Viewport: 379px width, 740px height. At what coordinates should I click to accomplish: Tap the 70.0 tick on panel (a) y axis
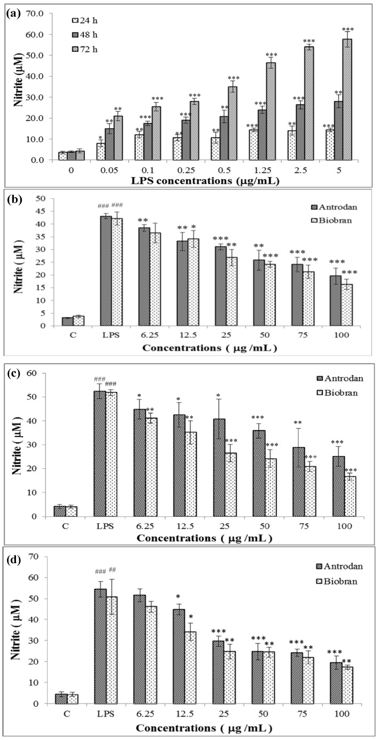point(42,13)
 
